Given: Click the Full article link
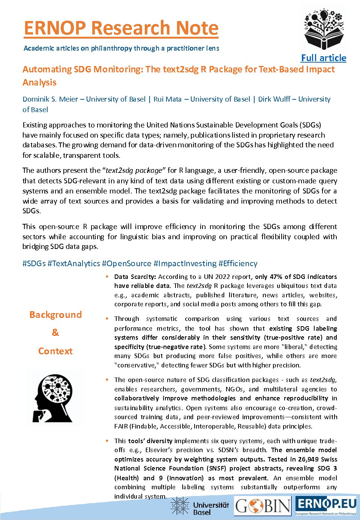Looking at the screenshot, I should coord(324,58).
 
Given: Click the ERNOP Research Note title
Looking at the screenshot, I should coord(121,28).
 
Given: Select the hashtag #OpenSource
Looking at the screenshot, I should coord(126,264).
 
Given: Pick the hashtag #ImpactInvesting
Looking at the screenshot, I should coord(185,264).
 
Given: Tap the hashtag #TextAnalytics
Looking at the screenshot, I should coord(74,264).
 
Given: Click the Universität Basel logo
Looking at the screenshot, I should coord(199,506).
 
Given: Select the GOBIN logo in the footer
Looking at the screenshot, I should coord(263,506).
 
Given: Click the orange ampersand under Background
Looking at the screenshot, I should coord(55,333).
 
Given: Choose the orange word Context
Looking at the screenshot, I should coord(55,351).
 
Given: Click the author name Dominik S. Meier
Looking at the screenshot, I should coord(50,99).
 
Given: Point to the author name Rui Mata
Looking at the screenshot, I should coord(168,99).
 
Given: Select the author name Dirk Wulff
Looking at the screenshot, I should coord(274,99).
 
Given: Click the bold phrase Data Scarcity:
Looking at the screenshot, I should coord(135,277).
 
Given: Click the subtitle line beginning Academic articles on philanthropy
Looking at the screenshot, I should coord(121,48).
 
